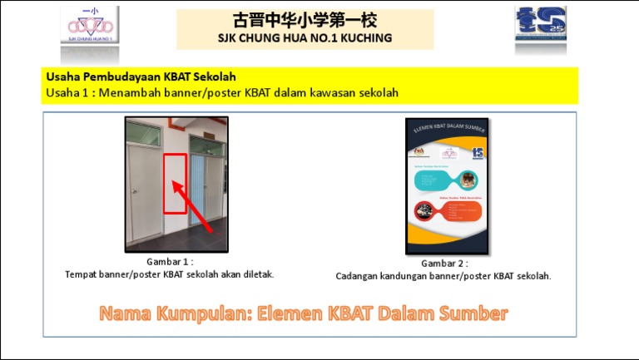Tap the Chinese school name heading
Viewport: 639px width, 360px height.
pyautogui.click(x=305, y=20)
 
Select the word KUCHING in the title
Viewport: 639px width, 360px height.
pyautogui.click(x=364, y=38)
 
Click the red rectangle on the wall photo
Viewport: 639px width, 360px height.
pyautogui.click(x=175, y=183)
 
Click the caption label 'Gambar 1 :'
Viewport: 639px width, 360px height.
pyautogui.click(x=170, y=261)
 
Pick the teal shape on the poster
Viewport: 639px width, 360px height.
pyautogui.click(x=444, y=178)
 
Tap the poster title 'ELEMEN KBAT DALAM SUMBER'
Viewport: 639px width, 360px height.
pyautogui.click(x=447, y=131)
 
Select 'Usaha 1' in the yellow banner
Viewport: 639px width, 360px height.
pyautogui.click(x=66, y=92)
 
